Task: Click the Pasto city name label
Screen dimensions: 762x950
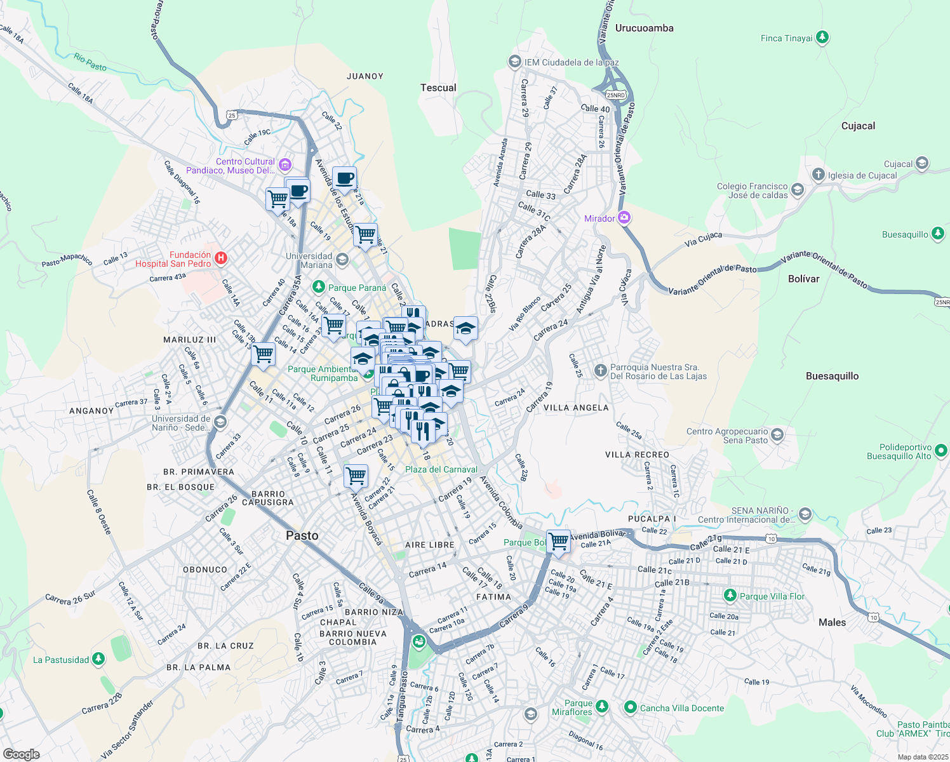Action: (x=302, y=535)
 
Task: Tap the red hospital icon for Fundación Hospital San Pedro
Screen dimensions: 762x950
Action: (x=220, y=258)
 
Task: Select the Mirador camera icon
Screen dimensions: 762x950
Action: (x=624, y=218)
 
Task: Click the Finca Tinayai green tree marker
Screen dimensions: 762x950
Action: (x=822, y=38)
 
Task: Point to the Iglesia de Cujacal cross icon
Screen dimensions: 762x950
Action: (x=819, y=175)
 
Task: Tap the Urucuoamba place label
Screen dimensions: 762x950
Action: (x=644, y=28)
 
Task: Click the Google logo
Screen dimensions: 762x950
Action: (x=21, y=754)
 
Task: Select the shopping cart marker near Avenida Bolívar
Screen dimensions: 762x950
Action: (x=559, y=541)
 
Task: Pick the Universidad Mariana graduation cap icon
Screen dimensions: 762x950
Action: (x=342, y=259)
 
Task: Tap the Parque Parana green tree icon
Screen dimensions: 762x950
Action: (x=319, y=287)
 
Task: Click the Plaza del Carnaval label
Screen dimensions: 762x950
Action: (x=441, y=469)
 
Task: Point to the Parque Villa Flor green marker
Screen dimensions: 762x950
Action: (x=730, y=596)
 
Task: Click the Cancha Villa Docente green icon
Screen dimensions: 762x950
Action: (x=631, y=707)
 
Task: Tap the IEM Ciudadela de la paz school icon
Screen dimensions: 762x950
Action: (x=514, y=62)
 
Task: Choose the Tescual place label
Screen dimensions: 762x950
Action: (x=438, y=88)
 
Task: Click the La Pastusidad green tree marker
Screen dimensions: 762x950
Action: (x=98, y=659)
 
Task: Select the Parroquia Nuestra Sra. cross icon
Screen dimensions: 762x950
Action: (x=600, y=370)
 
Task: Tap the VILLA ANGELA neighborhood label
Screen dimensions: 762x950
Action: (x=576, y=408)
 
